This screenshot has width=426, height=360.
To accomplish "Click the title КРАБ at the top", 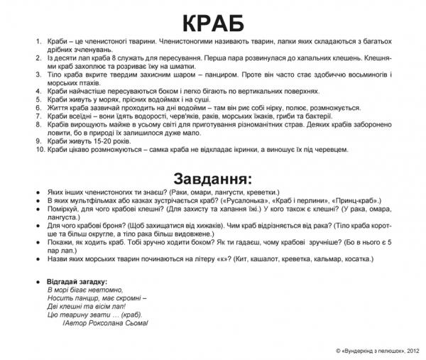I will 213,22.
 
